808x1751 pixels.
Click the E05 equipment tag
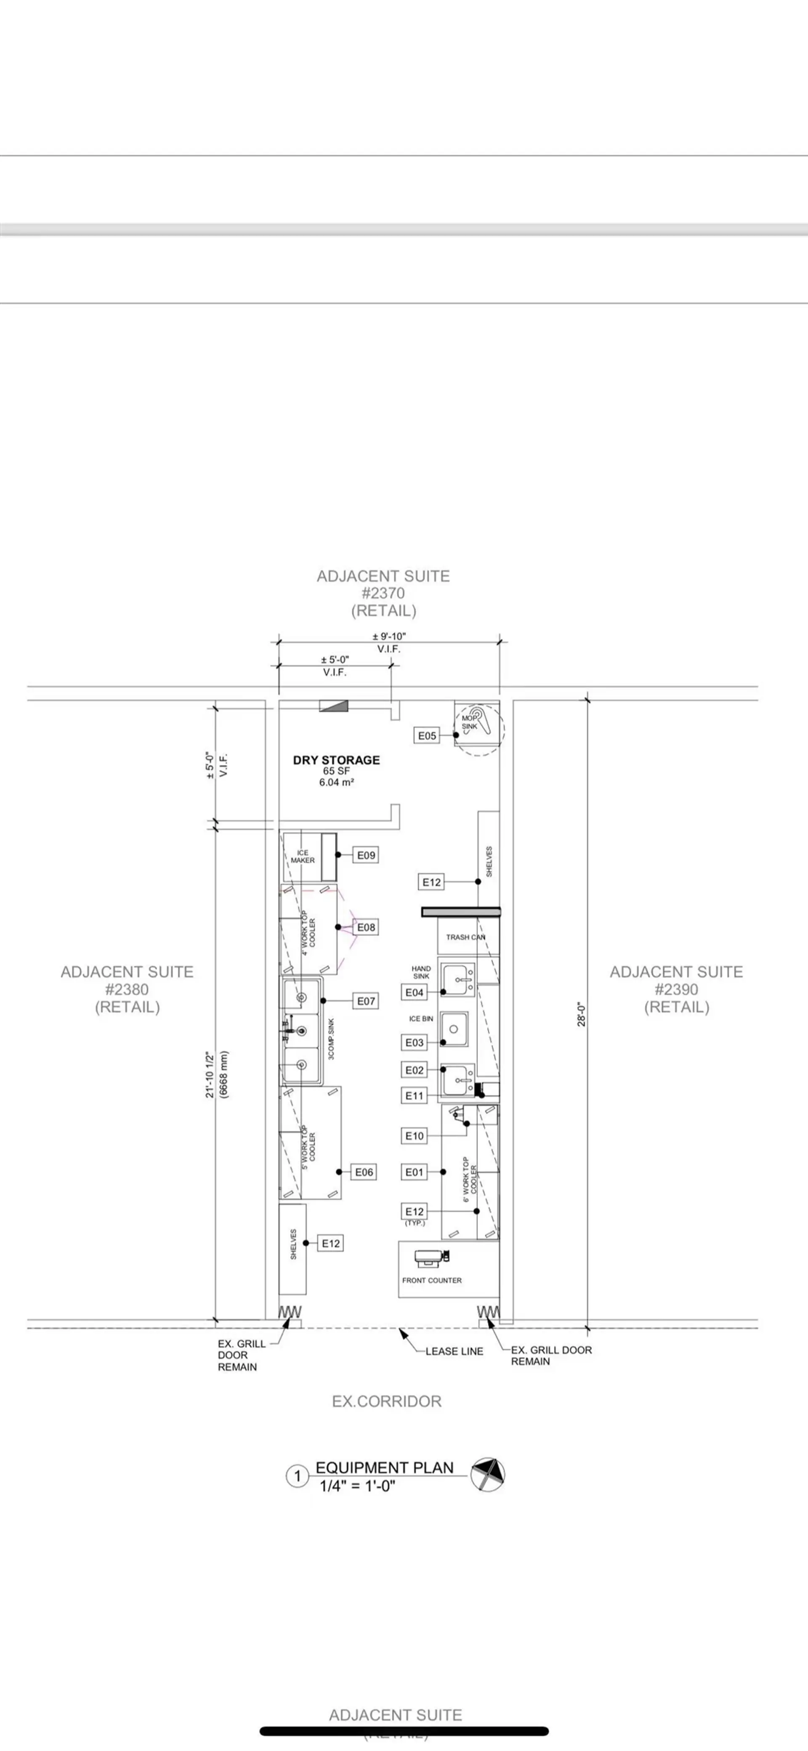pos(426,735)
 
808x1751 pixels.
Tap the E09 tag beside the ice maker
pos(366,855)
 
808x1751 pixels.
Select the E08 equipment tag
pos(366,927)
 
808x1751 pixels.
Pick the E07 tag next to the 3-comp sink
pos(366,1000)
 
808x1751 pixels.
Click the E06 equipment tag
pos(364,1172)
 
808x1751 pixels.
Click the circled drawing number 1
pos(297,1476)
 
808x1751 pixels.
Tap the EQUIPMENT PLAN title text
pos(384,1467)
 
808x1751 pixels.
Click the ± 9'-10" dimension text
pos(389,636)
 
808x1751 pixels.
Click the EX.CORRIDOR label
pos(386,1402)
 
